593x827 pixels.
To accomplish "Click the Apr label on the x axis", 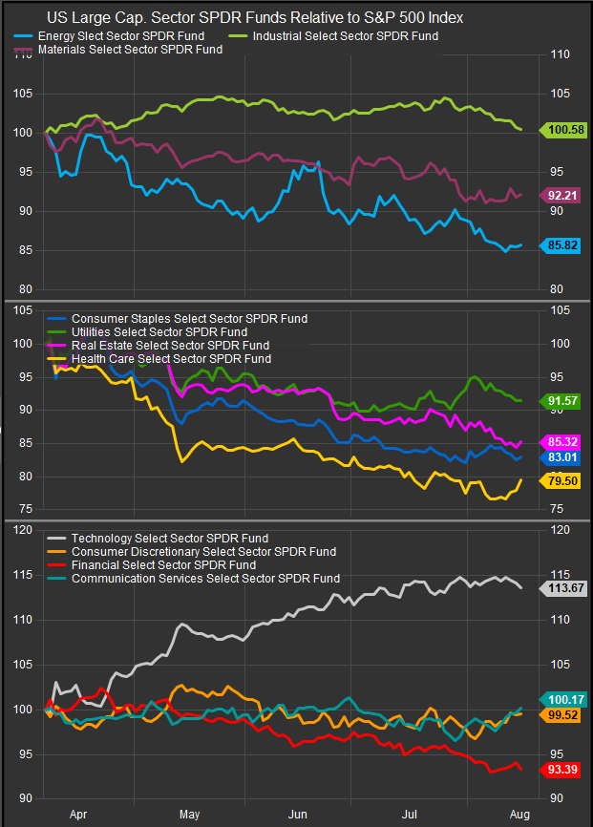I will tap(79, 815).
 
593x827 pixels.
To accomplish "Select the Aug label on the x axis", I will tap(519, 815).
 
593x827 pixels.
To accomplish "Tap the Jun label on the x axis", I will tap(299, 815).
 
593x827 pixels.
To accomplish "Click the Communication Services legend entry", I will tap(205, 579).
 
